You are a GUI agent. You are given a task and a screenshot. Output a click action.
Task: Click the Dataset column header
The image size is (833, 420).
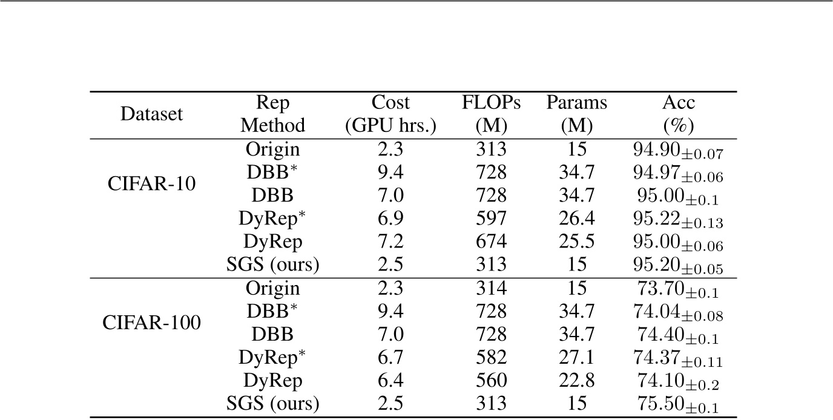click(151, 114)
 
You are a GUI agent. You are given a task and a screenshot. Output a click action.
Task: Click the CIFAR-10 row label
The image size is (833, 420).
click(151, 184)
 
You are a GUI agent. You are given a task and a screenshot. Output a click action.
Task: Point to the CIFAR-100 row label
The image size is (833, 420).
click(151, 323)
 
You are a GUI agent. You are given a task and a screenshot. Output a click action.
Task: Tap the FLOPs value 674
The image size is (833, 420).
click(491, 241)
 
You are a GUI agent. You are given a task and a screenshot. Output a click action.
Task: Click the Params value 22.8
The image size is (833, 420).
click(576, 380)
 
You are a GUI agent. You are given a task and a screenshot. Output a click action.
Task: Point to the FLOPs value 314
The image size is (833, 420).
click(491, 288)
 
